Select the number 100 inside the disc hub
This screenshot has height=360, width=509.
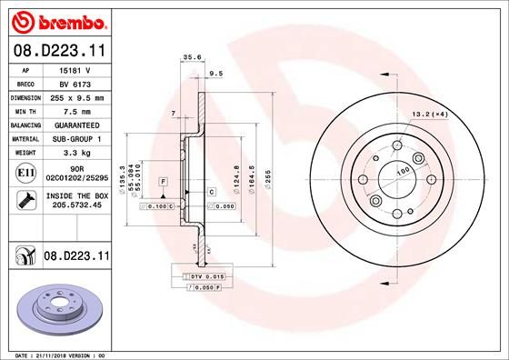point(402,172)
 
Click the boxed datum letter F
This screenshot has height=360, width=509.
point(162,183)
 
